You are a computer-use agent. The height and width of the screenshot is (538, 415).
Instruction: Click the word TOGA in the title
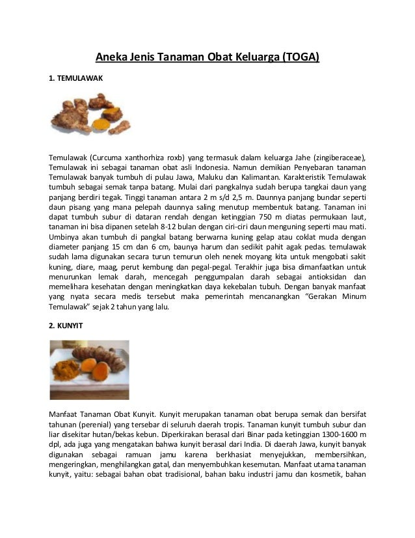301,57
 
